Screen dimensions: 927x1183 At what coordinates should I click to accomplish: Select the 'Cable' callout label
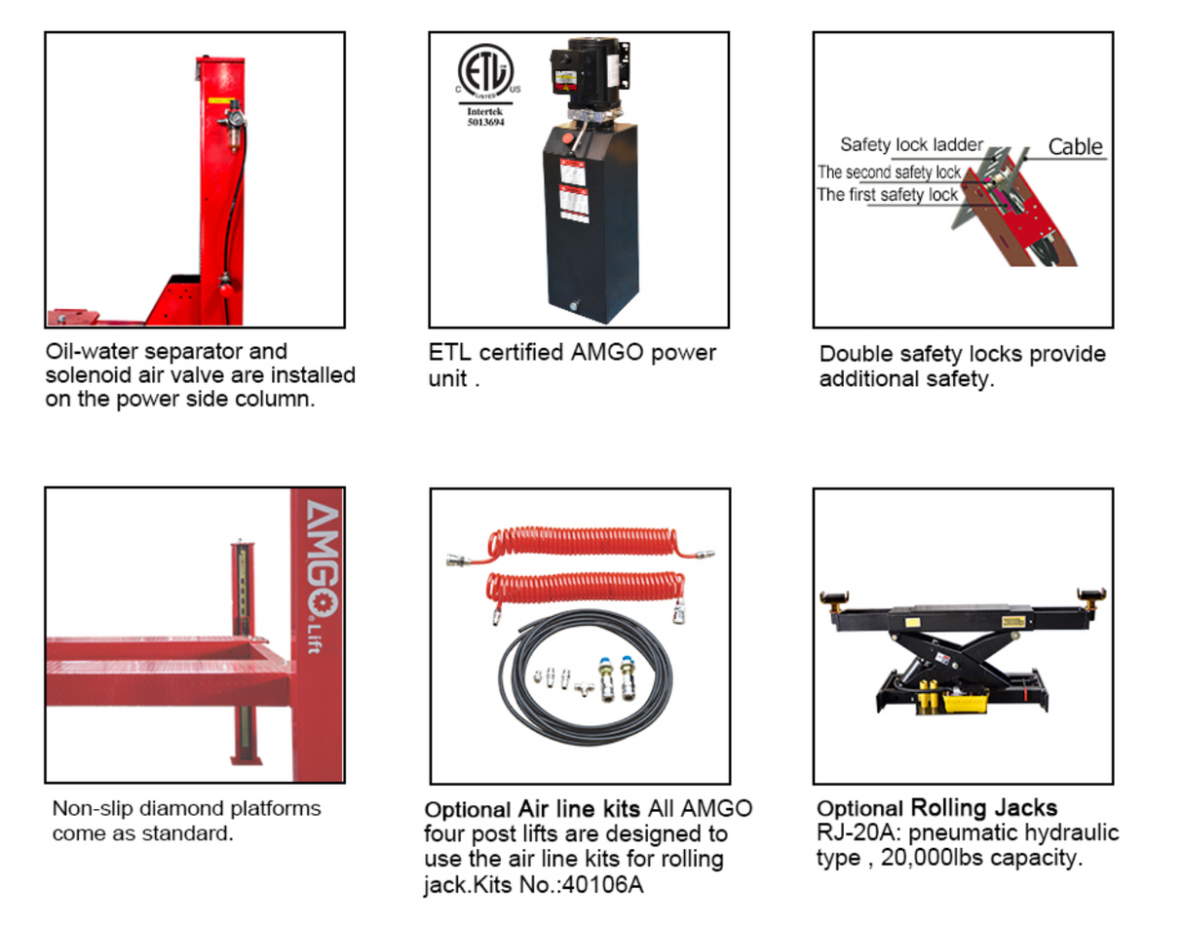[x=1075, y=147]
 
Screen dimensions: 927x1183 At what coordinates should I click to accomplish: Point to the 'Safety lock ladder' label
[x=911, y=145]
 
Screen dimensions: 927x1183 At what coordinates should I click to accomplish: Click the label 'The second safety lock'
[x=889, y=173]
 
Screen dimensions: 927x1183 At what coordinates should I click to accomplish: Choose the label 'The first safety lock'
[x=887, y=195]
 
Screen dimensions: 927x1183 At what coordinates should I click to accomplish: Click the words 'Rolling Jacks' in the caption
[x=983, y=808]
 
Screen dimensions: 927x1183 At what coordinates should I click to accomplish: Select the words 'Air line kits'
[x=579, y=809]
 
